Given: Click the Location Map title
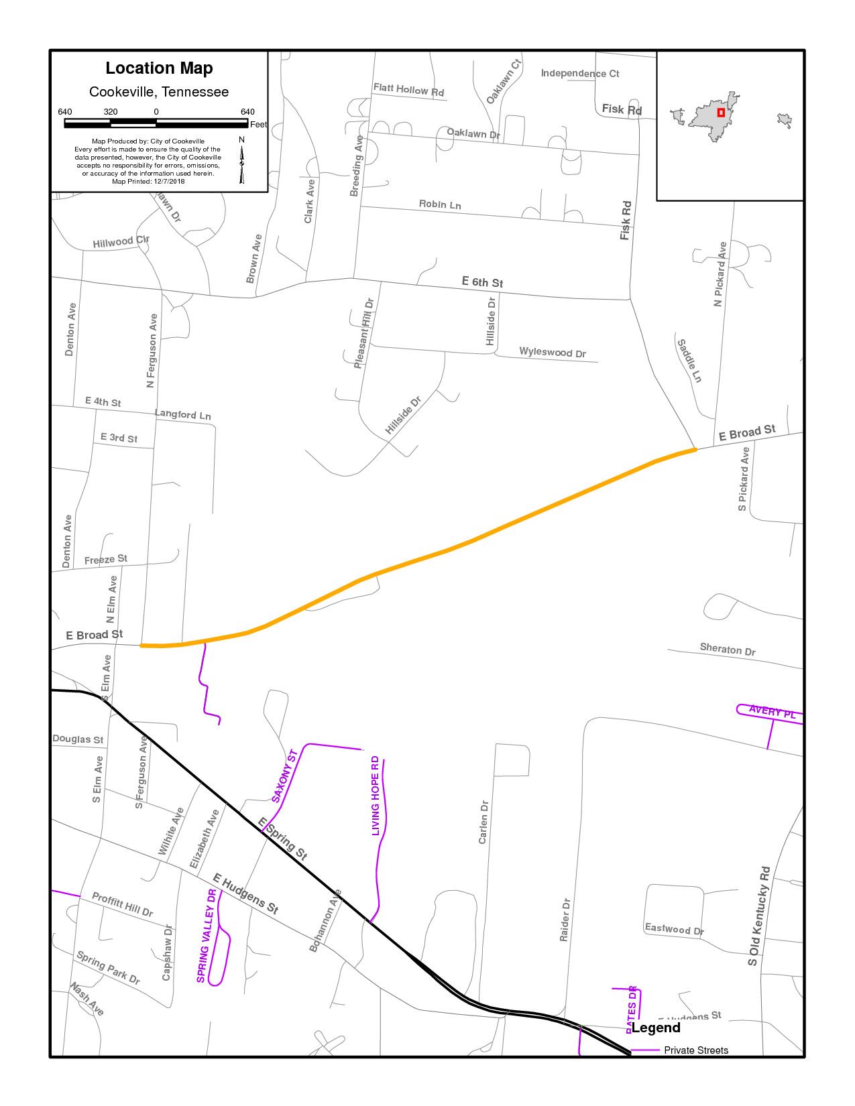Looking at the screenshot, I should (x=159, y=68).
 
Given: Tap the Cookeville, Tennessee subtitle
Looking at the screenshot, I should (x=159, y=92).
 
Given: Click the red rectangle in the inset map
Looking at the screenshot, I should (x=721, y=113).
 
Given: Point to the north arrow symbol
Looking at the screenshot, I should (x=241, y=160).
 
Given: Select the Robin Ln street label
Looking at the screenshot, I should (x=440, y=204).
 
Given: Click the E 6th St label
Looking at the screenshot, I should (x=482, y=282).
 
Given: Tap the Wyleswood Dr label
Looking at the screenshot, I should (x=553, y=353).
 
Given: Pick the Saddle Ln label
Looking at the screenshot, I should (x=689, y=361).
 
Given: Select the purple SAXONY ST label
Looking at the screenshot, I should (x=284, y=777).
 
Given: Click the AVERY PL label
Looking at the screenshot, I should (x=772, y=711).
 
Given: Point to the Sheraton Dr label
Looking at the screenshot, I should (x=728, y=649).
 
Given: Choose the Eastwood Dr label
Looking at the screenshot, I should (x=674, y=929).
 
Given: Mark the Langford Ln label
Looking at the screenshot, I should (x=182, y=415).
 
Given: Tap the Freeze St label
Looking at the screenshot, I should (x=106, y=559).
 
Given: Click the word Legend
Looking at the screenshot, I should (x=656, y=1028).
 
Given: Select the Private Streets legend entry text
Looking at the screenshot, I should (x=696, y=1050).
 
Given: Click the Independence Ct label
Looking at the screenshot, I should (x=580, y=74).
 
